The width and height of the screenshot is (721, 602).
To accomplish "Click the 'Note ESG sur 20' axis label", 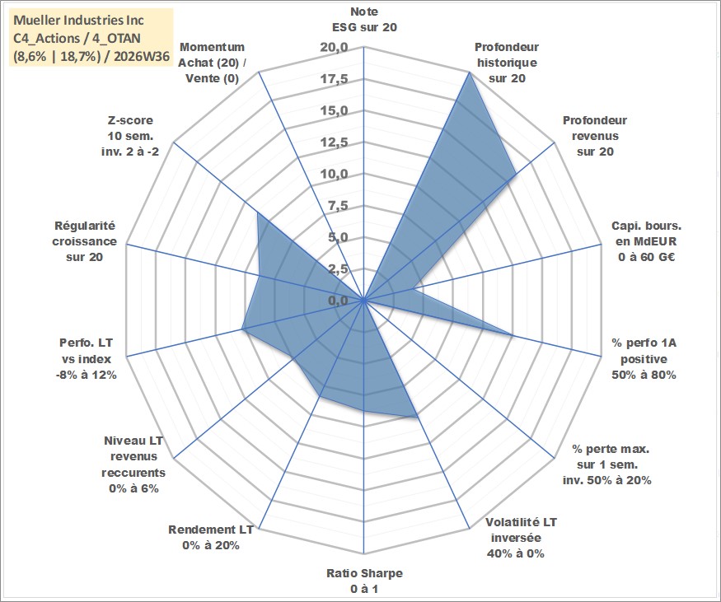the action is tap(364, 19).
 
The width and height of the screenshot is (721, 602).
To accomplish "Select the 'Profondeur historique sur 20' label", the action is tap(507, 63).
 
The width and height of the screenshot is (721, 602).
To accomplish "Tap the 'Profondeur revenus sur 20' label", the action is tap(595, 136).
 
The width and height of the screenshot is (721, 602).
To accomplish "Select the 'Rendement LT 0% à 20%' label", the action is tap(211, 538).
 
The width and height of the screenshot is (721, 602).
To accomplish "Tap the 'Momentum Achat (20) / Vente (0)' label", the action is tap(212, 63).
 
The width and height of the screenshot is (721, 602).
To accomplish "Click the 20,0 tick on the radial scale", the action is tap(335, 47).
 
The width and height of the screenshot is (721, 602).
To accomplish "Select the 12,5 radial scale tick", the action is tap(335, 142).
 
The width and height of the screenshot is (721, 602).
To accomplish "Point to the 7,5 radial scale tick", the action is tap(339, 206).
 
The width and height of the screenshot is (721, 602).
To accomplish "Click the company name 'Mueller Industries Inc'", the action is tap(78, 21).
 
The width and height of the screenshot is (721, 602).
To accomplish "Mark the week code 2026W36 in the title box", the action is tap(142, 57).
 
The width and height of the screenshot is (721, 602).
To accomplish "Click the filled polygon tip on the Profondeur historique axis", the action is tap(469, 72).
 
